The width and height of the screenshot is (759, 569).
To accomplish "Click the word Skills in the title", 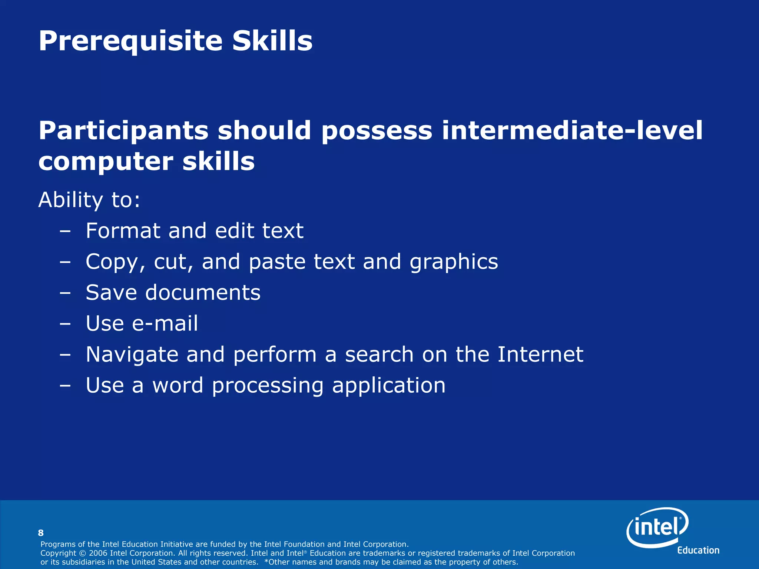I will click(x=272, y=41).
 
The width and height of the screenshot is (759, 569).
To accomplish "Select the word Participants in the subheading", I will click(x=123, y=131).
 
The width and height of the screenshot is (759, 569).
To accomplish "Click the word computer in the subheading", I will click(x=106, y=162).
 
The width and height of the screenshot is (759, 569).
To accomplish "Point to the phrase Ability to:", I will click(x=89, y=200).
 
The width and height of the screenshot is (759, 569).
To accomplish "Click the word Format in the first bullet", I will click(x=123, y=231).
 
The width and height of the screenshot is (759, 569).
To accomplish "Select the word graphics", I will click(x=454, y=262).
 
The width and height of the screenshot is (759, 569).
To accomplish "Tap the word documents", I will click(x=203, y=293).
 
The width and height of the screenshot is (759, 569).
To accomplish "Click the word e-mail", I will click(x=165, y=323).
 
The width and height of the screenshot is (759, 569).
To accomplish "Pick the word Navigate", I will click(x=132, y=355).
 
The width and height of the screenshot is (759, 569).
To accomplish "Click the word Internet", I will click(x=540, y=354).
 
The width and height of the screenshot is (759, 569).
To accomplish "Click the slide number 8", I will click(x=41, y=533).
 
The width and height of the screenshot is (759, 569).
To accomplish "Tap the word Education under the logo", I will click(x=698, y=550).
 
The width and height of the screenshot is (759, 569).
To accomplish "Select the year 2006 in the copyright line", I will click(x=98, y=553).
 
